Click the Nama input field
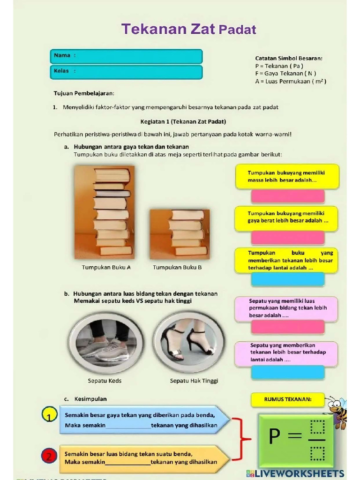[136, 56]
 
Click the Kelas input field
[136, 72]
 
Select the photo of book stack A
[104, 212]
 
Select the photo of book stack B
[180, 234]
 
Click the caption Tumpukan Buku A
[106, 267]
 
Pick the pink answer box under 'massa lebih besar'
[288, 196]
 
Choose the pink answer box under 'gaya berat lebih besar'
[288, 237]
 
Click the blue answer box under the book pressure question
[288, 279]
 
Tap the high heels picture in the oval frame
[189, 342]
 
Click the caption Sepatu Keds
[105, 381]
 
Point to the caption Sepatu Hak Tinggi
[194, 381]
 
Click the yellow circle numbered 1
[49, 415]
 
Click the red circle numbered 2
[49, 455]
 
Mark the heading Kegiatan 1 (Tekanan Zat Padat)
[183, 121]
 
